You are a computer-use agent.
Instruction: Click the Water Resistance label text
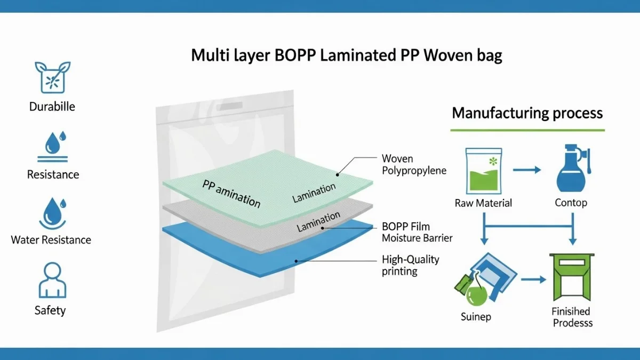pos(51,240)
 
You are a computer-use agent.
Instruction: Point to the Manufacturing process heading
pos(527,113)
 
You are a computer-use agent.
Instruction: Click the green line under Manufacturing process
pos(527,130)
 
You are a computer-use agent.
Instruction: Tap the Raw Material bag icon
pos(483,171)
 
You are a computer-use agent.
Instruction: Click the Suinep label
pos(476,317)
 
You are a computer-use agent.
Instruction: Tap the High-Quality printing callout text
pos(410,265)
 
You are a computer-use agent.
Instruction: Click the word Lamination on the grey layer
pos(318,222)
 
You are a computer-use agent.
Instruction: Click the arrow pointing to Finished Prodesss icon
pos(533,279)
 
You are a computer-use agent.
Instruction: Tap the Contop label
pos(571,203)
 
